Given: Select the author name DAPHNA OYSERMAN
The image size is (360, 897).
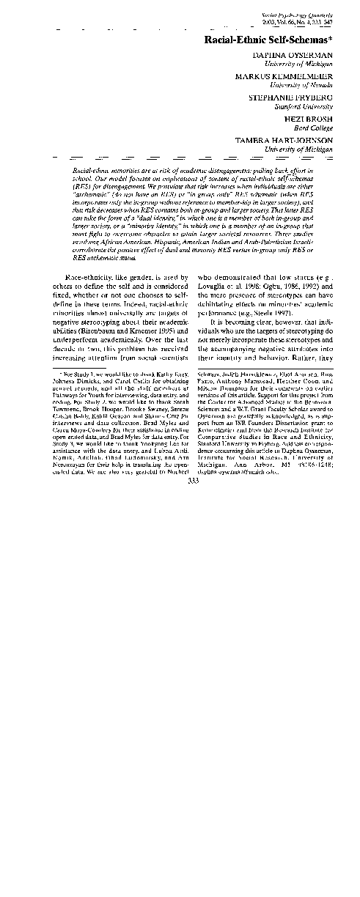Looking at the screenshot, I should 298,55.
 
